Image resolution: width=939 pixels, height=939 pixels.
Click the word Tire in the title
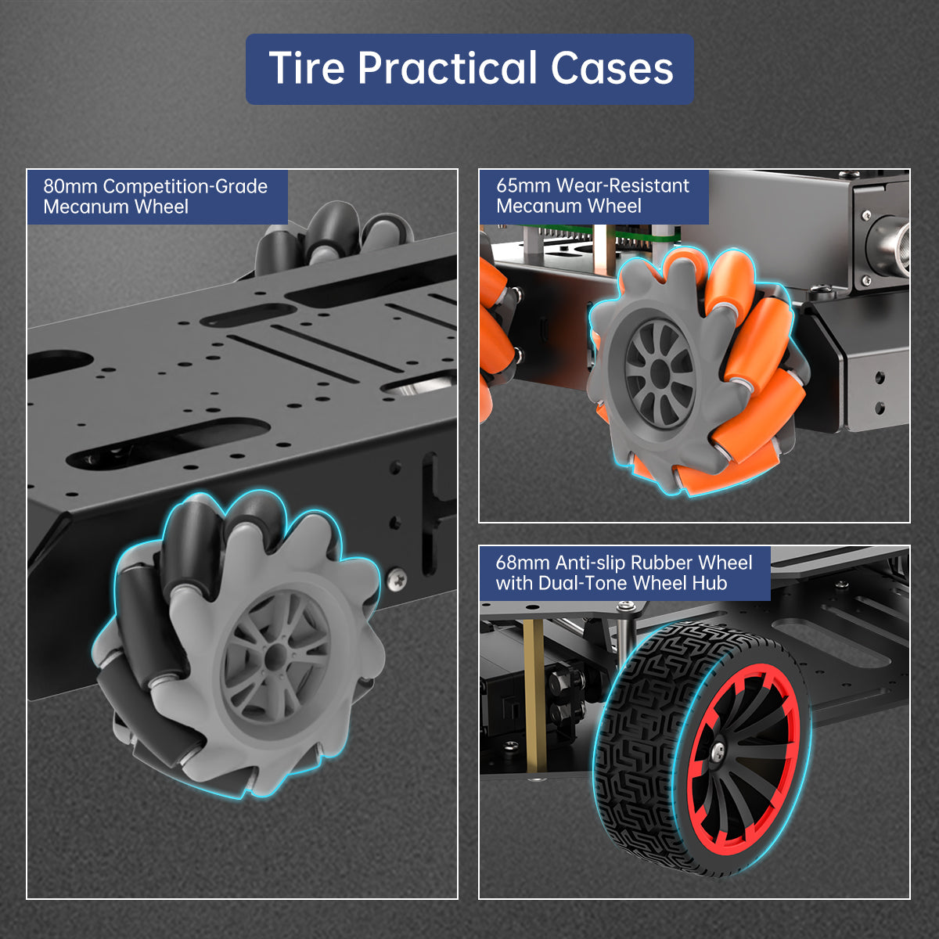pos(307,68)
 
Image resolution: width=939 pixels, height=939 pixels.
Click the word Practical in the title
pos(448,68)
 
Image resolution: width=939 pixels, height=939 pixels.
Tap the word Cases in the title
pos(612,68)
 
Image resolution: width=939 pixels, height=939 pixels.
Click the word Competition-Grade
pos(185,187)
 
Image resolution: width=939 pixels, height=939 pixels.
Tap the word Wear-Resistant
pos(622,185)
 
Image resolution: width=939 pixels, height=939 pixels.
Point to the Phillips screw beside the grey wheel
pos(397,579)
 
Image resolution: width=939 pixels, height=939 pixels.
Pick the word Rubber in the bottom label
pos(660,563)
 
